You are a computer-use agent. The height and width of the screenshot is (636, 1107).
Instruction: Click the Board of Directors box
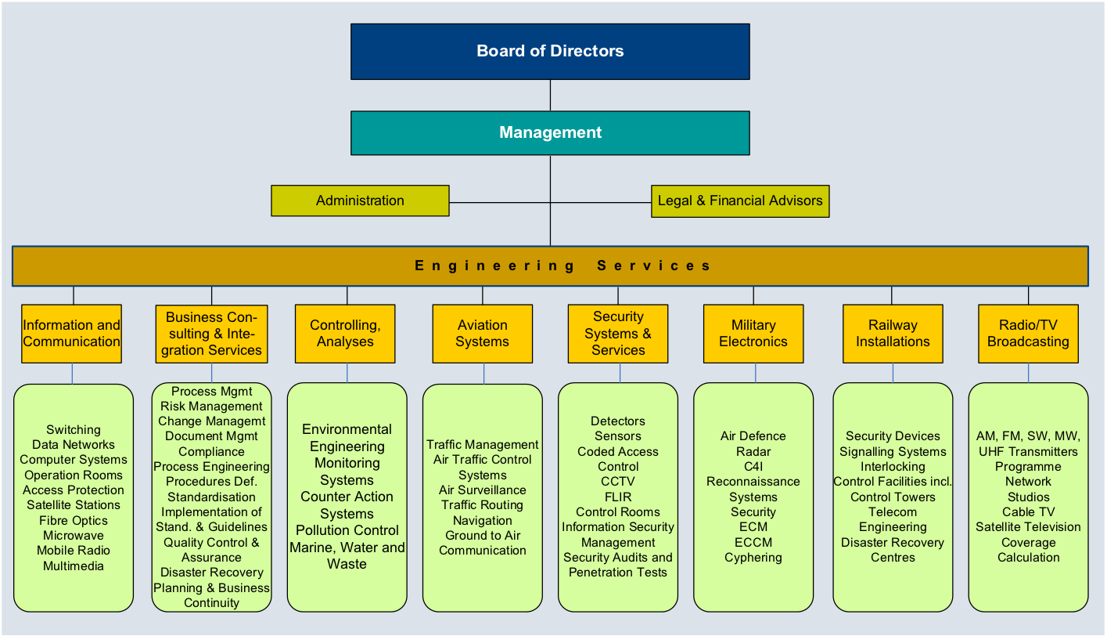[550, 52]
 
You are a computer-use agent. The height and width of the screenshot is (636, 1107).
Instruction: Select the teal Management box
[550, 133]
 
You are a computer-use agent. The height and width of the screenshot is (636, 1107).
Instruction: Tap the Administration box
[360, 201]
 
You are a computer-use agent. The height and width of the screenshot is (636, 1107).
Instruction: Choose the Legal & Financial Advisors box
[740, 201]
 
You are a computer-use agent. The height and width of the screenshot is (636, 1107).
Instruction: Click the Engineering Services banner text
[562, 266]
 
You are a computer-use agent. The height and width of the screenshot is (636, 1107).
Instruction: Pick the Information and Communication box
[72, 334]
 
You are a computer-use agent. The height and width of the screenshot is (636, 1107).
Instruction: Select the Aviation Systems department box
[483, 334]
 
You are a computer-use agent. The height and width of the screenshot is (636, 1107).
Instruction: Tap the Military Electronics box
[753, 334]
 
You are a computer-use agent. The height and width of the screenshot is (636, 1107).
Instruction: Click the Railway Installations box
[893, 334]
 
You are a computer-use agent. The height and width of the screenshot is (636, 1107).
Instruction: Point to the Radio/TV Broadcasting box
[1028, 334]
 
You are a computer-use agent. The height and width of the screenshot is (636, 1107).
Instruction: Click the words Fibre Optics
[74, 521]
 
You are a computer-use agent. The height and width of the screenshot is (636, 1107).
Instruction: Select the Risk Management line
[211, 407]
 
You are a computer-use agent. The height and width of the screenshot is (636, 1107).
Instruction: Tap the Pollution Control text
[347, 530]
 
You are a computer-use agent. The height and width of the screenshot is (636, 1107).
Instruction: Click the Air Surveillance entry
[483, 490]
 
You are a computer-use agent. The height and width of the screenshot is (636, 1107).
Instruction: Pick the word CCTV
[618, 482]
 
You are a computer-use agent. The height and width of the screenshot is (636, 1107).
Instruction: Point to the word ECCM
[753, 543]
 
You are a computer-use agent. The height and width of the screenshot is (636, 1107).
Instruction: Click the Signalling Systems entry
[893, 452]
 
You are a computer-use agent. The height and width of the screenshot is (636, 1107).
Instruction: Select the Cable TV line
[1028, 512]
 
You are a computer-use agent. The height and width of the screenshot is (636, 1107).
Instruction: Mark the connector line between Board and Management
[550, 95]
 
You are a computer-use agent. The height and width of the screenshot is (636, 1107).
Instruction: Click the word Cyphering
[753, 558]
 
